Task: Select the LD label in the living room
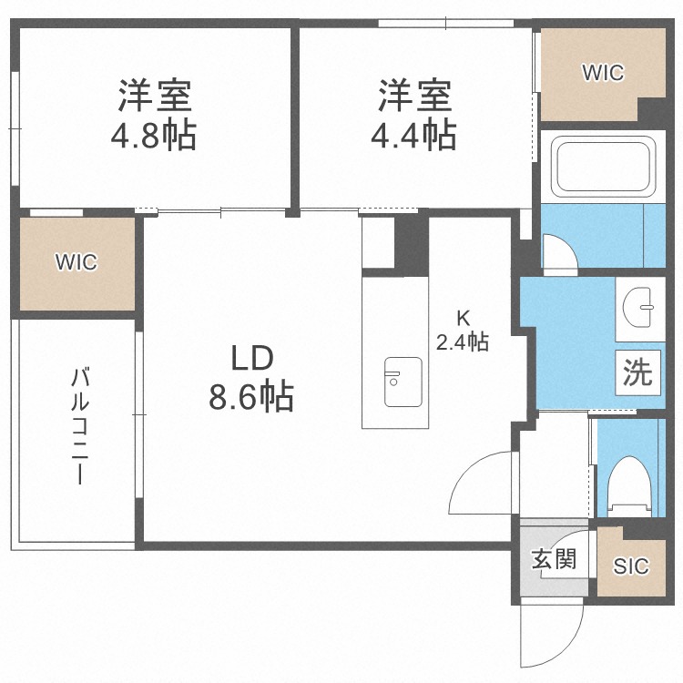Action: point(252,358)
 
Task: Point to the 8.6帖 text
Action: point(251,396)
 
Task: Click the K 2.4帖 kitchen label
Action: point(463,331)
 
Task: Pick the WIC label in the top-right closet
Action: point(603,73)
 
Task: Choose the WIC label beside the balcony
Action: point(76,262)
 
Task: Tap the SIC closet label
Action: point(631,566)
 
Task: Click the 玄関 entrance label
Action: point(554,559)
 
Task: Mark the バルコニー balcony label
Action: point(80,426)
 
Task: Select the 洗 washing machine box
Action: point(637,372)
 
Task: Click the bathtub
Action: point(603,167)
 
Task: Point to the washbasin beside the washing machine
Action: point(639,309)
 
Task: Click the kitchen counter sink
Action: point(403,382)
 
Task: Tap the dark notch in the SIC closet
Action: point(644,533)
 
